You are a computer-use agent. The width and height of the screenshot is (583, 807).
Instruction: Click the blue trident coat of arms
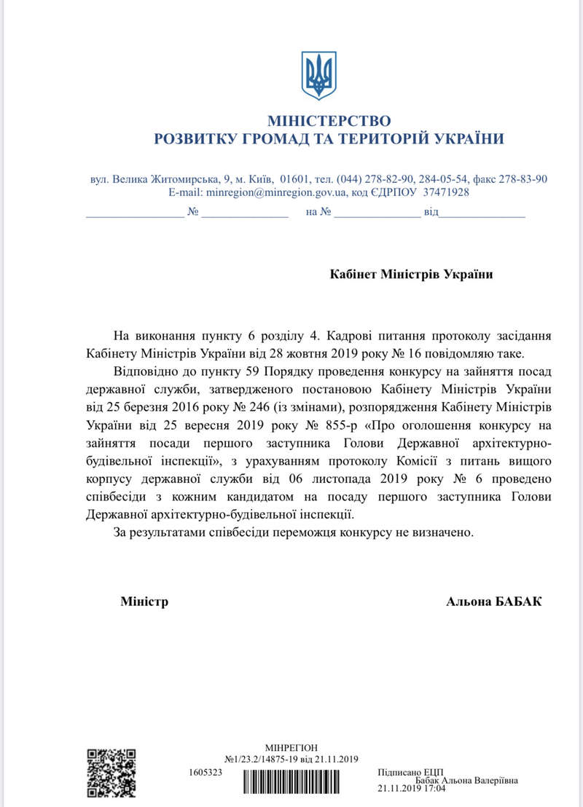point(319,76)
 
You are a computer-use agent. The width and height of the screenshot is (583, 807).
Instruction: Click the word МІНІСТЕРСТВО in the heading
point(329,120)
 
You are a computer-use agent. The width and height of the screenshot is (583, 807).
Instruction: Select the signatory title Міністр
point(144,602)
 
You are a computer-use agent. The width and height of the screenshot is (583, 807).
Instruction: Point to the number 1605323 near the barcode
point(205,770)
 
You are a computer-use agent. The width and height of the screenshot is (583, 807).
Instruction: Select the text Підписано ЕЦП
point(411,771)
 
